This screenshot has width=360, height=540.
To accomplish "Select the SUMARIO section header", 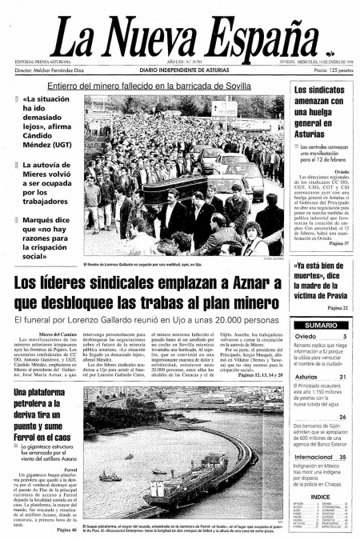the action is tap(320, 326).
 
